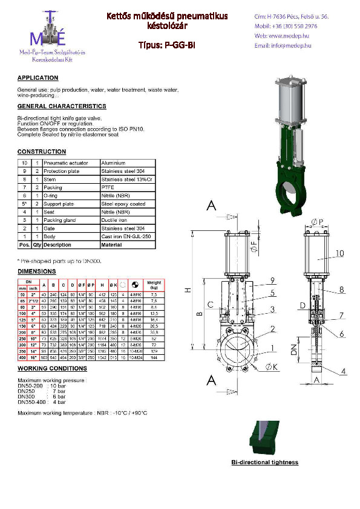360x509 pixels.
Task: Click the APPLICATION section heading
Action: point(38,78)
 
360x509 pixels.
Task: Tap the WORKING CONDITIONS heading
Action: point(52,368)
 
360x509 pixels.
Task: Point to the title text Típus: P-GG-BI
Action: point(167,45)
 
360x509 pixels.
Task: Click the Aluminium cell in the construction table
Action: point(114,163)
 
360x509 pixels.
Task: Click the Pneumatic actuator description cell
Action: point(66,163)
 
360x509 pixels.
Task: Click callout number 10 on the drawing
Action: point(339,253)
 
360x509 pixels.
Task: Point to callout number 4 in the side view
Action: point(343,371)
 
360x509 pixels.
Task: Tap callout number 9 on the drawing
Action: point(273,279)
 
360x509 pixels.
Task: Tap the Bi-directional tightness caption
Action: point(265,462)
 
